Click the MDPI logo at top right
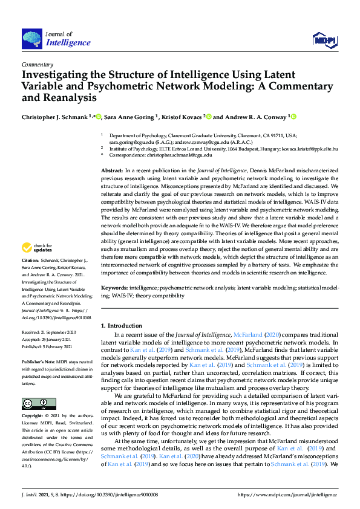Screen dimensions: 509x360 coord(324,40)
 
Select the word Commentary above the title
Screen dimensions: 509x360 coord(37,64)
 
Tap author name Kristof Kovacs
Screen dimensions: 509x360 coord(183,117)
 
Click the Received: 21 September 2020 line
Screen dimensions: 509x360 coord(51,332)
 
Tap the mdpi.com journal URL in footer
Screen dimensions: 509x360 coord(287,494)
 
